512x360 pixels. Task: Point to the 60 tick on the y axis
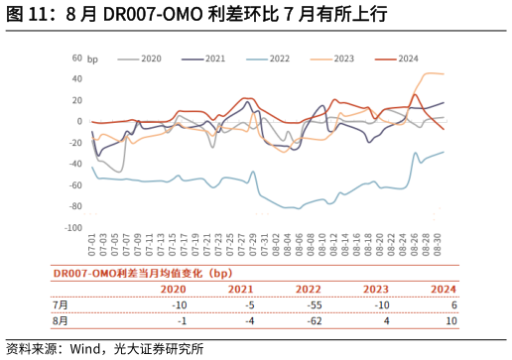76,58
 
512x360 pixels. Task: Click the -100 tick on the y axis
72,228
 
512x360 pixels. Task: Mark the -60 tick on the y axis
74,185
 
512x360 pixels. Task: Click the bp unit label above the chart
93,60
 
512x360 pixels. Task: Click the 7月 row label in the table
62,305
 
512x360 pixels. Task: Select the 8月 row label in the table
62,321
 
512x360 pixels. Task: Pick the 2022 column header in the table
308,290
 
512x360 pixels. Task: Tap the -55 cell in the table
314,305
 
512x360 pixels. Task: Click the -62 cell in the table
314,321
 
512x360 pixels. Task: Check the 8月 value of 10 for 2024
451,321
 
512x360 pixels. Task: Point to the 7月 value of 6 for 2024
453,305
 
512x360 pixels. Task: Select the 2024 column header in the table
444,290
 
